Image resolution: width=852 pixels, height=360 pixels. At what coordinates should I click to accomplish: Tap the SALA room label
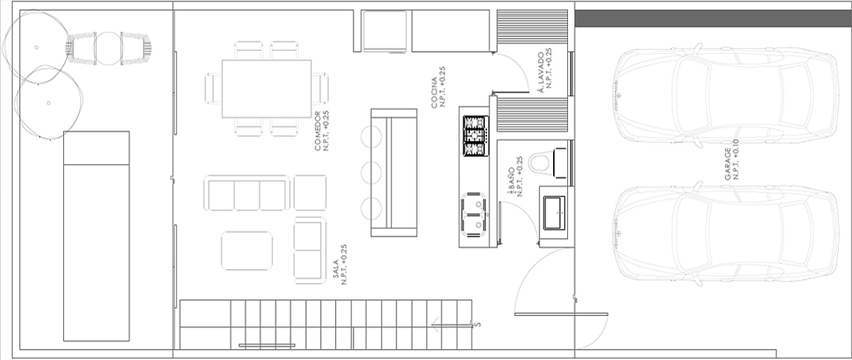pos(335,269)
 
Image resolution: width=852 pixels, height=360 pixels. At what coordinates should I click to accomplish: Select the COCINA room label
pos(434,93)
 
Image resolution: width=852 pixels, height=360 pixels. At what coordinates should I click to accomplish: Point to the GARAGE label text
pos(728,164)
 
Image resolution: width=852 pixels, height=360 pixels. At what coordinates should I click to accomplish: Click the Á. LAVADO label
pos(540,72)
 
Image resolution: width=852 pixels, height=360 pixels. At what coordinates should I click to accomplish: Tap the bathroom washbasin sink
pos(555,213)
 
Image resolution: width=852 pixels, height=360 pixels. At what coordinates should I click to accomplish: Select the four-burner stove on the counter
pos(476,136)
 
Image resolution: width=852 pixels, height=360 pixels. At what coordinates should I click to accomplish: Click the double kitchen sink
pos(474,214)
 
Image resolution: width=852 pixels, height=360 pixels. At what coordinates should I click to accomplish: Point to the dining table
pos(267,89)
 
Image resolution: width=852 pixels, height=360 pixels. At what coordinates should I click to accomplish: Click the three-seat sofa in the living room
pos(246,193)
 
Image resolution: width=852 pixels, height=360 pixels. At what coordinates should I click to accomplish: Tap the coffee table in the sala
pos(247,251)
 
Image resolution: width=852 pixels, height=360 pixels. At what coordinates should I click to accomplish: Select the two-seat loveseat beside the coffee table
pos(310,251)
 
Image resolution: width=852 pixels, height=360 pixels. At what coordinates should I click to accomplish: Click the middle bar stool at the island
pos(371,173)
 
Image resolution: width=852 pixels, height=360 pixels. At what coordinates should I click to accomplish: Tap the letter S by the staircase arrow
pos(478,324)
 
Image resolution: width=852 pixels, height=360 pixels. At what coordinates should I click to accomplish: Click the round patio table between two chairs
pos(109,48)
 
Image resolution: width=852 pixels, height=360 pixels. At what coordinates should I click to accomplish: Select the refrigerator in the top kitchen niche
pos(385,31)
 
